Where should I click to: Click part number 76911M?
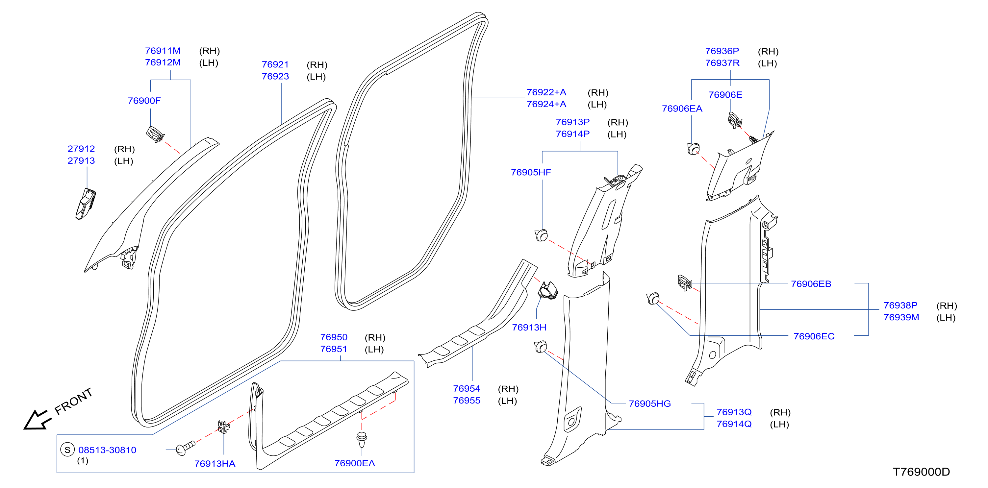click(x=163, y=51)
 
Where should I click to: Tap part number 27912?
click(x=81, y=149)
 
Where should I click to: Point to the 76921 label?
click(x=275, y=64)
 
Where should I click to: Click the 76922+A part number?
click(x=546, y=92)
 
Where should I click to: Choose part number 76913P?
click(x=572, y=122)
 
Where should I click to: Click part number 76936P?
click(x=722, y=51)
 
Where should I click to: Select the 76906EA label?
click(x=682, y=109)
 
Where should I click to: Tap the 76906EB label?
click(x=811, y=284)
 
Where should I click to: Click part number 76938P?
click(x=900, y=305)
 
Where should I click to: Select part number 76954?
click(x=467, y=389)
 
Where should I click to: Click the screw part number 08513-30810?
click(x=107, y=450)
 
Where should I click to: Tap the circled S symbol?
click(x=67, y=450)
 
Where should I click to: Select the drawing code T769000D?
click(x=921, y=472)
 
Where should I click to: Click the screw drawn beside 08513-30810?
click(x=186, y=448)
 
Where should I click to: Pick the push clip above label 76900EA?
click(x=362, y=439)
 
